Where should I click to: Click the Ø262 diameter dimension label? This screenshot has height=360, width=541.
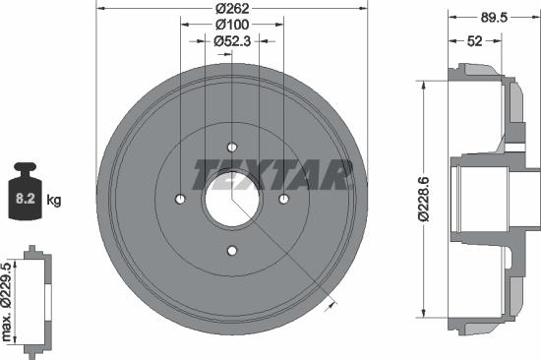coord(232,10)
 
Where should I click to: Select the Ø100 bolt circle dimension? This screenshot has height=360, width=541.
coord(232,26)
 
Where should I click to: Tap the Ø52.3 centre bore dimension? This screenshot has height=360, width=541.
coord(232,41)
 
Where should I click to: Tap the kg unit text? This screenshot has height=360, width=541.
coord(54,201)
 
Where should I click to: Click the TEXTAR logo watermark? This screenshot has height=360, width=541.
coord(272,173)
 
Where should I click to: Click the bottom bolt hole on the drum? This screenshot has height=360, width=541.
coord(232,251)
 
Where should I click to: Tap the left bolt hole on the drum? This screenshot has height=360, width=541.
coord(180,200)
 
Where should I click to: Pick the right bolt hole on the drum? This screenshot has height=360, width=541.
coord(283,200)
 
